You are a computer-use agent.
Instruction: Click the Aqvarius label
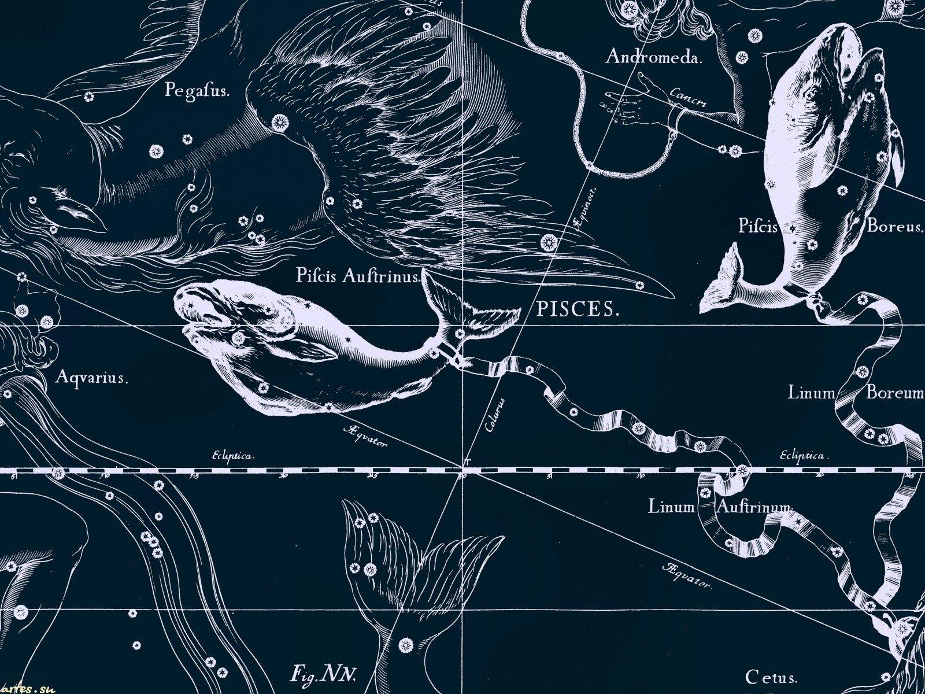coord(91,378)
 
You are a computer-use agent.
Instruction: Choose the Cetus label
coord(771,676)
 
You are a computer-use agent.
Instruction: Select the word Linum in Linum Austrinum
coord(670,507)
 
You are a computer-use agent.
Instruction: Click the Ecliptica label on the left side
coord(233,456)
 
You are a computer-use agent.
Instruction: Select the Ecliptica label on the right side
coord(802,456)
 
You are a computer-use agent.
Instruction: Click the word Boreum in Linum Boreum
coord(894,393)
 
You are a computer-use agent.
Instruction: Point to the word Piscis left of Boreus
coord(758,226)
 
